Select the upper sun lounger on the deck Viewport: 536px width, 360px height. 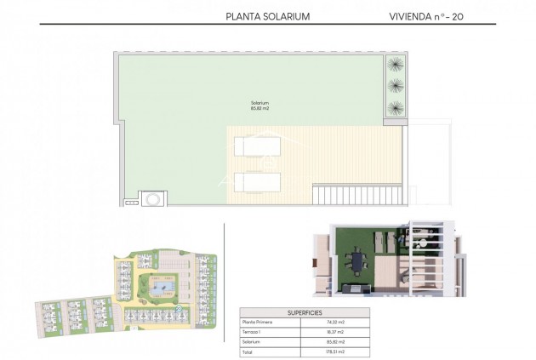[258, 146]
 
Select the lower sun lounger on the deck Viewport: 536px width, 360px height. [258, 182]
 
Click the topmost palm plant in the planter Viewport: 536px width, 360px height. [396, 65]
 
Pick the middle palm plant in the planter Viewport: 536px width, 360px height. [396, 86]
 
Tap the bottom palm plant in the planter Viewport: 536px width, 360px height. [396, 107]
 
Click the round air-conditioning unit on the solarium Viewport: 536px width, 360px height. [151, 199]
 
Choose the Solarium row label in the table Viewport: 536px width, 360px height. [252, 341]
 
